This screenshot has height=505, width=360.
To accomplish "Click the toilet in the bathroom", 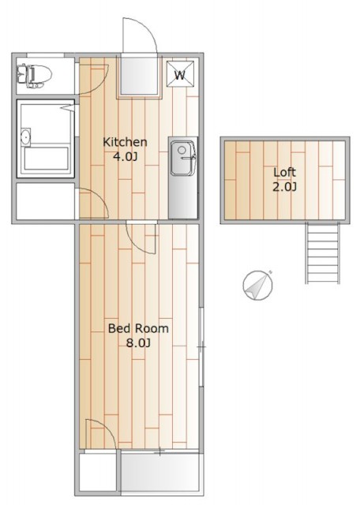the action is pyautogui.click(x=35, y=76).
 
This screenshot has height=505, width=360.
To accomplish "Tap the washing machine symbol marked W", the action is pyautogui.click(x=181, y=73).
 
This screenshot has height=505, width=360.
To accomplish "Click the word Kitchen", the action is pyautogui.click(x=125, y=142).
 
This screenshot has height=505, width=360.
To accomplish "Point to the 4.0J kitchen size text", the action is pyautogui.click(x=125, y=157).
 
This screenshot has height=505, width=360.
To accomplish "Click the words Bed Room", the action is pyautogui.click(x=138, y=328).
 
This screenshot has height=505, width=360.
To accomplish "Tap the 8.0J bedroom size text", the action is pyautogui.click(x=138, y=343).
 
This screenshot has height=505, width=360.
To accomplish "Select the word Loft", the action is pyautogui.click(x=284, y=172).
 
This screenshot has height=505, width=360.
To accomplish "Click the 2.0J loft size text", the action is pyautogui.click(x=284, y=187).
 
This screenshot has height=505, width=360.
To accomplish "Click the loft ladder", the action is pyautogui.click(x=323, y=253).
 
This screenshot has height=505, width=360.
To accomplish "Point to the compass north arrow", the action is pyautogui.click(x=258, y=285).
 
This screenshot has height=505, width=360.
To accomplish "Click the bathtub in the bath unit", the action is pyautogui.click(x=47, y=158).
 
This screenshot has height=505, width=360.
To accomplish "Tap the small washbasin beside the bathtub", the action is pyautogui.click(x=25, y=137).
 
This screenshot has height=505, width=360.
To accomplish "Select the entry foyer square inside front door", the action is pyautogui.click(x=140, y=76).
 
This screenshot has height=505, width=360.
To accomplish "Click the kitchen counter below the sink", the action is pyautogui.click(x=182, y=196).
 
